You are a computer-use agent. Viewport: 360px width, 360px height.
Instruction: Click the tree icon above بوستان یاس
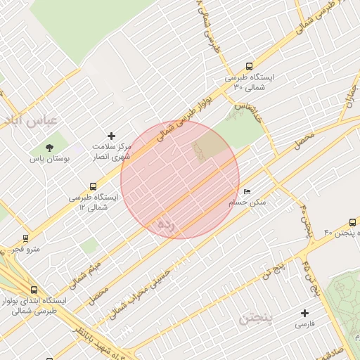(x=49, y=148)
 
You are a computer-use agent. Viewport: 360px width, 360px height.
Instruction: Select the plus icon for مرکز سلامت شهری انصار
(x=110, y=136)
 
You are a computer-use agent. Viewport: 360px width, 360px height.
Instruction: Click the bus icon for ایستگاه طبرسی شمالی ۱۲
(x=93, y=186)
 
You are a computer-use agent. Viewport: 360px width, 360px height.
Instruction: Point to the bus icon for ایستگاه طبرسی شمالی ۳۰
(x=249, y=67)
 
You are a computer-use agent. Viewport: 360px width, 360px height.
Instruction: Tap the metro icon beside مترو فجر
(x=26, y=238)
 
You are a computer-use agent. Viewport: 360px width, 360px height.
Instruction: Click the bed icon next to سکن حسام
(x=246, y=191)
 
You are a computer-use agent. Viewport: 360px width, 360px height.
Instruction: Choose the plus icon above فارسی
(x=304, y=313)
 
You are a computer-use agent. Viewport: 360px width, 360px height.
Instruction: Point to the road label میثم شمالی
(x=85, y=273)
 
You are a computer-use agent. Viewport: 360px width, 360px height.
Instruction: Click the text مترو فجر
(x=29, y=249)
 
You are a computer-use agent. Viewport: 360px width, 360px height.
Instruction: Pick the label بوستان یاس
(x=50, y=160)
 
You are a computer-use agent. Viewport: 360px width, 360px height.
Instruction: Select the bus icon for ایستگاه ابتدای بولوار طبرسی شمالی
(x=34, y=290)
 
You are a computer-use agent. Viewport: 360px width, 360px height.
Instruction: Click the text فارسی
(x=305, y=325)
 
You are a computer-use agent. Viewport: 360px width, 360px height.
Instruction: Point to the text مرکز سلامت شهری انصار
(x=112, y=151)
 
